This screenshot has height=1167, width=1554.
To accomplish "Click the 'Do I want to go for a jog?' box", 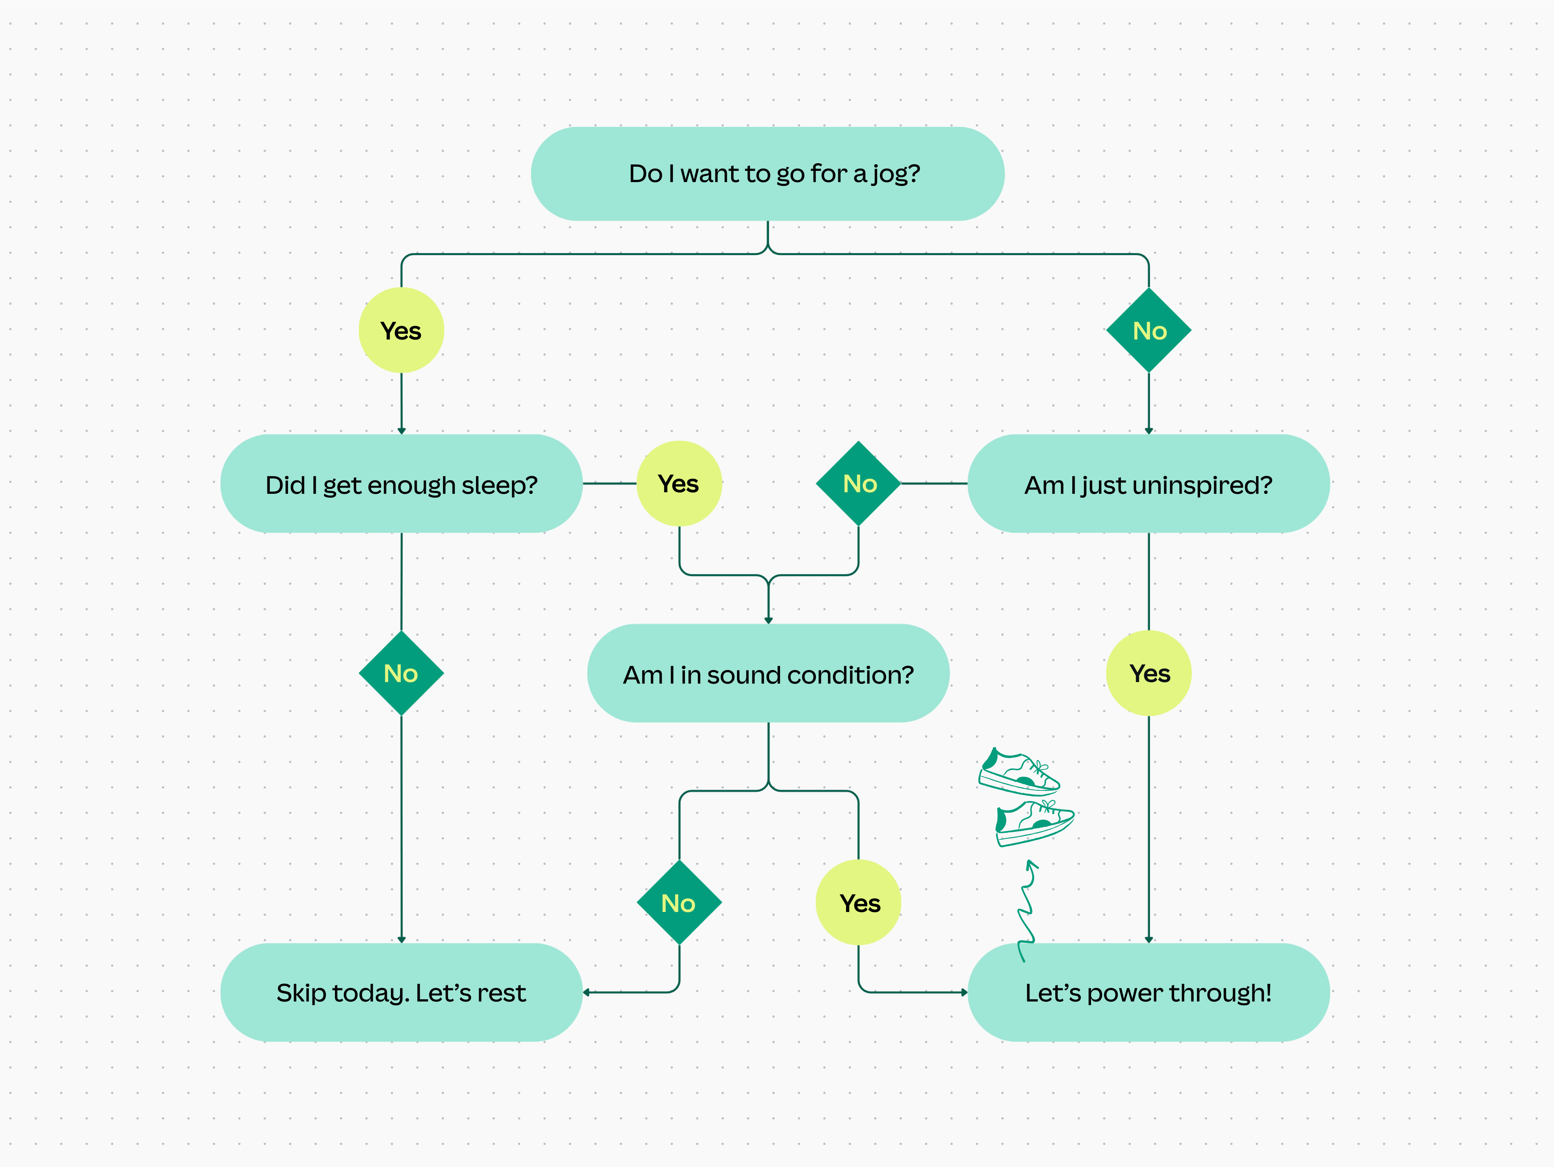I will coord(767,174).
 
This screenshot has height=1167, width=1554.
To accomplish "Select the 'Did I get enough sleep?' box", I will coord(401,484).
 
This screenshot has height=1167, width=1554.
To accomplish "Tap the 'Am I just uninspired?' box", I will coord(1148,484).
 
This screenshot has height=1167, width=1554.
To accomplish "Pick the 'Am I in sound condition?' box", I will coord(768,674).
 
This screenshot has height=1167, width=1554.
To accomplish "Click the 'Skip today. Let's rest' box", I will coord(401,992).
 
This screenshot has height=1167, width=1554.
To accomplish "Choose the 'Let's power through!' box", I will coord(1148,992).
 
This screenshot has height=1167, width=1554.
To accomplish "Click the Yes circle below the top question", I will coord(401,330).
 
